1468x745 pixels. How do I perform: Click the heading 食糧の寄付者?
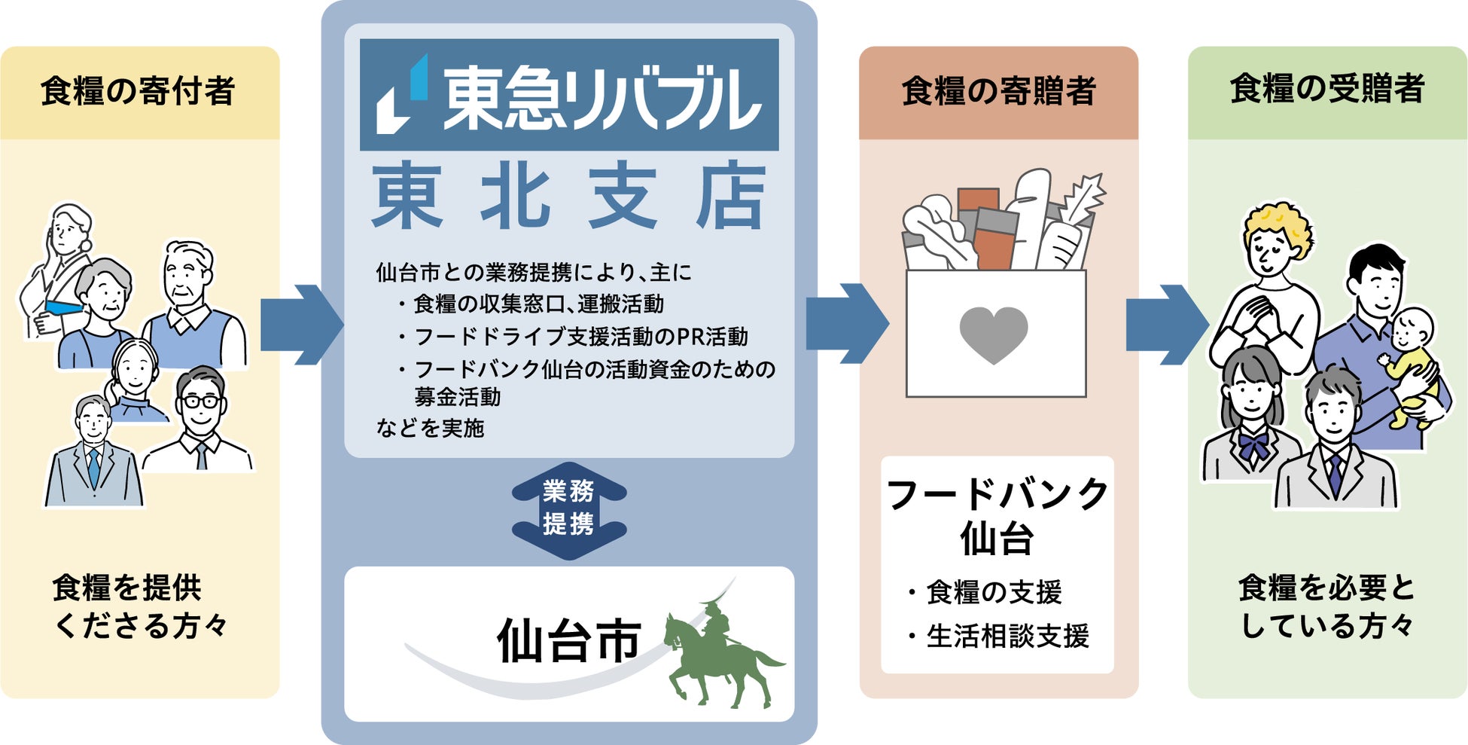(138, 91)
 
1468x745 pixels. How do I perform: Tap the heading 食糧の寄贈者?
(998, 91)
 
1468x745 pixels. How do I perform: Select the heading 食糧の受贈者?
(1327, 89)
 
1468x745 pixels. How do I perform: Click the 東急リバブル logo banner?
(569, 96)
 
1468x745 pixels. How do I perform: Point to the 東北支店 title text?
(569, 197)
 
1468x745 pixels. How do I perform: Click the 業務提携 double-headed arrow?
(569, 510)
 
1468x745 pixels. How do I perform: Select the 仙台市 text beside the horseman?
(568, 643)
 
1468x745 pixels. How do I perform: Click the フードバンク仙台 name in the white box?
(997, 516)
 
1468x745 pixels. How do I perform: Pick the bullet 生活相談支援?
(1007, 637)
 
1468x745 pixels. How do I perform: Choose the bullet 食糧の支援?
(994, 592)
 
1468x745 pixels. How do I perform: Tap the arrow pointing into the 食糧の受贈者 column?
(1166, 325)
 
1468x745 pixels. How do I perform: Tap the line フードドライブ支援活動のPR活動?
(581, 337)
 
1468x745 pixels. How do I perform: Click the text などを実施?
(430, 428)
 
